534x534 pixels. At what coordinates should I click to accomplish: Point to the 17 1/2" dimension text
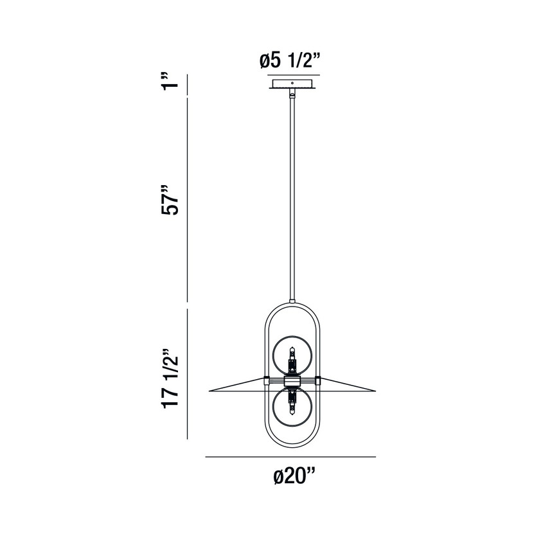(x=170, y=378)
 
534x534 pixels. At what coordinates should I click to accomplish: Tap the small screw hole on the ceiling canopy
(x=292, y=83)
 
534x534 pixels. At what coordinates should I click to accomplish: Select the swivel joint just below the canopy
(x=292, y=94)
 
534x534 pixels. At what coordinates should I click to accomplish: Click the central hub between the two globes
(x=292, y=381)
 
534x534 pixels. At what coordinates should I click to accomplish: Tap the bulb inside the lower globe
(x=292, y=405)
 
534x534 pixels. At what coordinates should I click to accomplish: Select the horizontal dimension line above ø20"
(x=290, y=457)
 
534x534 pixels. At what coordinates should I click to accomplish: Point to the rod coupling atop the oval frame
(x=292, y=302)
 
